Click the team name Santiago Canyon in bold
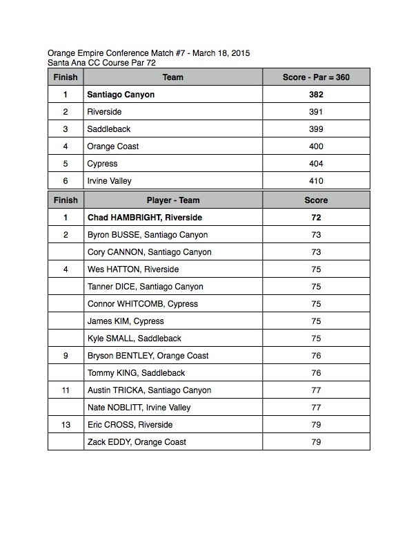click(121, 95)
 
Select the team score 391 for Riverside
click(316, 112)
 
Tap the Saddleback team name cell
click(109, 129)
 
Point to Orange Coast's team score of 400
click(316, 146)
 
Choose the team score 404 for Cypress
click(316, 164)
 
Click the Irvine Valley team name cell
click(109, 181)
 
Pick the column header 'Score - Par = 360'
click(316, 77)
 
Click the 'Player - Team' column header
click(172, 200)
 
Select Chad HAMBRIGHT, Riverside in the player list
click(145, 218)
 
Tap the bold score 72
click(316, 218)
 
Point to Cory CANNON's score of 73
click(316, 252)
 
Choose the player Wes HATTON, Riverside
click(133, 269)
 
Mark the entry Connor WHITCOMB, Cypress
click(143, 304)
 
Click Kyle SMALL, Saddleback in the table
click(135, 339)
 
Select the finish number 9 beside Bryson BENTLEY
click(66, 356)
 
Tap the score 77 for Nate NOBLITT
click(316, 408)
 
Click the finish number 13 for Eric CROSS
click(66, 425)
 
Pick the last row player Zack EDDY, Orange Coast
click(137, 442)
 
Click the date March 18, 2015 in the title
click(219, 53)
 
